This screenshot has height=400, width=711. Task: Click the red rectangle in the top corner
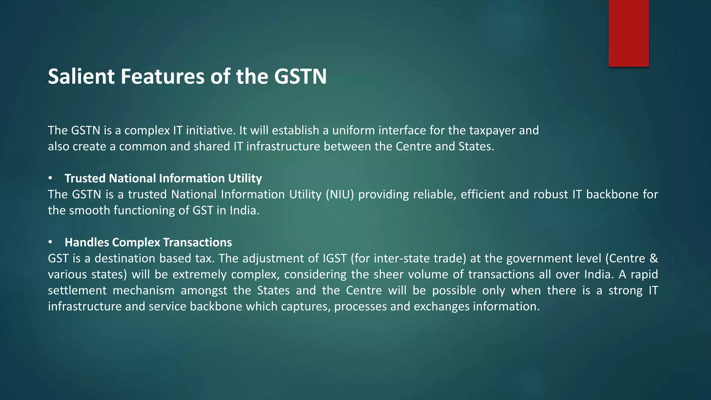pos(628,33)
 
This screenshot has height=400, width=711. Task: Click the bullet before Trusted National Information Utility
pos(50,178)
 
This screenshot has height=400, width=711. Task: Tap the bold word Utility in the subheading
pos(245,178)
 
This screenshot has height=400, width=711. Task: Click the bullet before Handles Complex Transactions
pos(50,242)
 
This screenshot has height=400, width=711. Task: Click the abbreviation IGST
pos(335,258)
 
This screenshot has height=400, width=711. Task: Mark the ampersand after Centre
pos(653,258)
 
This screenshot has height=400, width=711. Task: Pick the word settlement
pos(77,290)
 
